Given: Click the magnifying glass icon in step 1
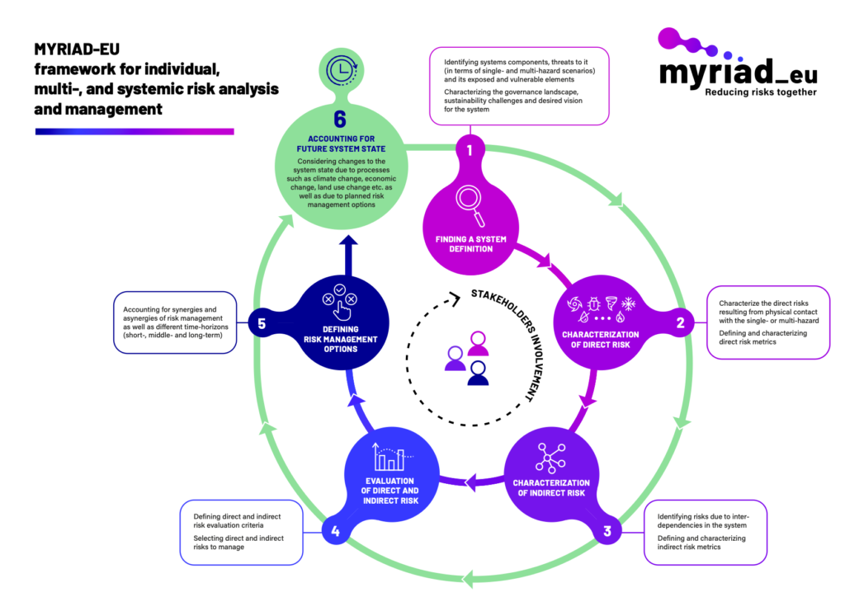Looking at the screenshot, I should click(470, 204).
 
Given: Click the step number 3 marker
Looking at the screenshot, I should click(607, 532).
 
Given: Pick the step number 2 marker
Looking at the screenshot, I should click(681, 323).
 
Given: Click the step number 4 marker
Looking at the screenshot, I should click(336, 532).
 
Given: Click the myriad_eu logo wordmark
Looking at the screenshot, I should click(739, 73).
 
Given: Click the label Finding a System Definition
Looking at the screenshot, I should click(470, 243).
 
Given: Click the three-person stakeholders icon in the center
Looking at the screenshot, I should click(467, 358).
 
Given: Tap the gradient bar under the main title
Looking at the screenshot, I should click(135, 131).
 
